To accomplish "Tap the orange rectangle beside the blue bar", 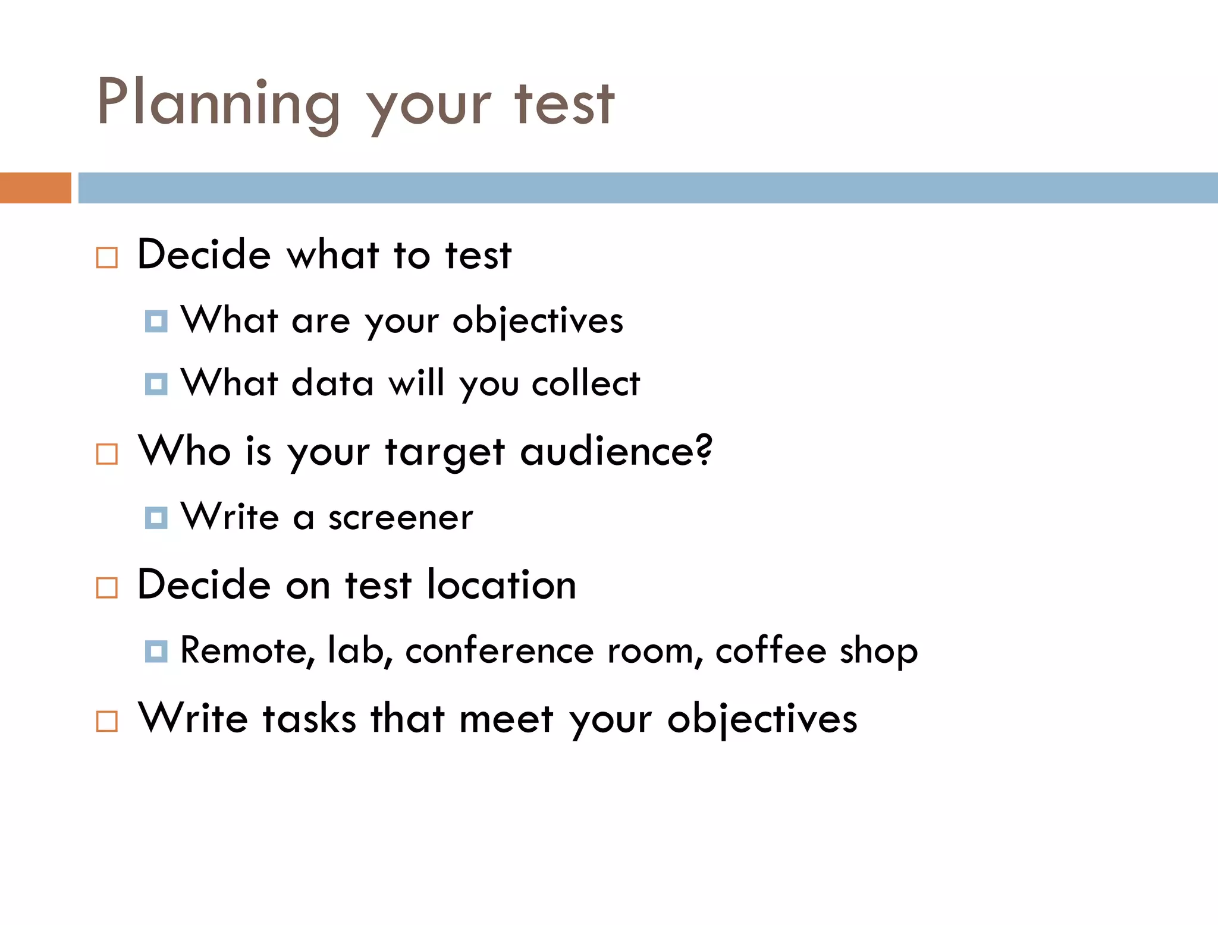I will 35,188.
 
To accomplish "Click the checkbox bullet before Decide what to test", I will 107,258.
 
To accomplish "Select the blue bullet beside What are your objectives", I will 156,322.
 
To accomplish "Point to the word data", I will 332,383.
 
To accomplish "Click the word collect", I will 586,383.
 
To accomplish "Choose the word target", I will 445,453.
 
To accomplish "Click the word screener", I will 401,518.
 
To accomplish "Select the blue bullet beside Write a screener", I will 156,518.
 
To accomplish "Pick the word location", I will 501,585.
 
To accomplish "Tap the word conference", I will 500,651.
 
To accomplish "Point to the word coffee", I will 771,651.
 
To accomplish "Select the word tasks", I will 309,719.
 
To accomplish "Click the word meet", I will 507,719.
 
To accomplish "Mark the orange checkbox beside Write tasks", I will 107,722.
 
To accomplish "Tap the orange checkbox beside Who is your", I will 107,454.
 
